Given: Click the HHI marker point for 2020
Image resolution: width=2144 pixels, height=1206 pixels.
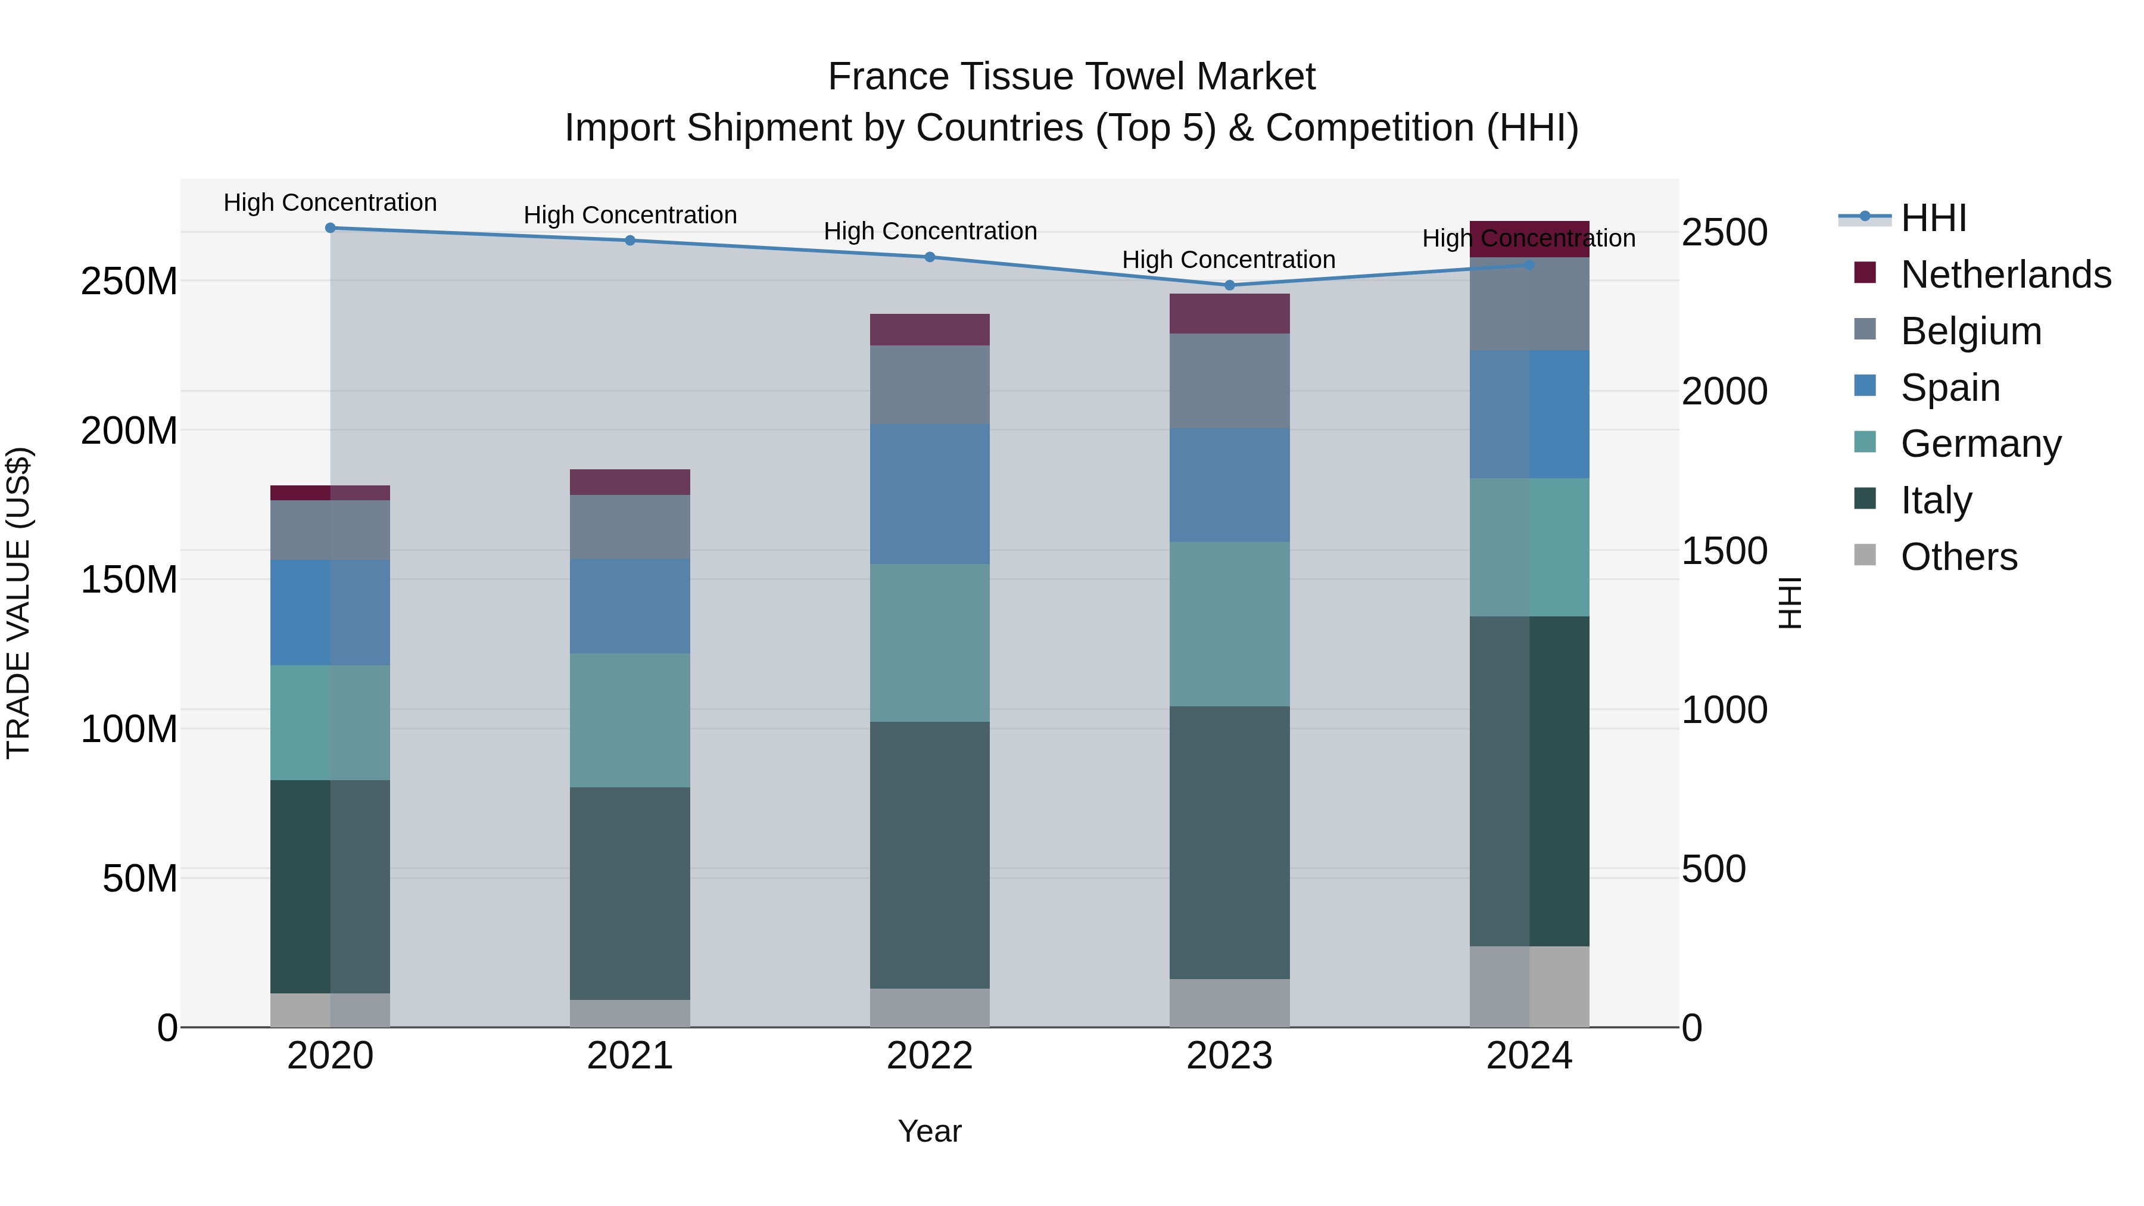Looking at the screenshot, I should (x=331, y=228).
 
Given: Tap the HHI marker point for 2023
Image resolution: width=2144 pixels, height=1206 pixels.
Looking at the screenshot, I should (x=1229, y=285).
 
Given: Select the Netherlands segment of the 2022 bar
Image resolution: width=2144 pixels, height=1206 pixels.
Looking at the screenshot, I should (x=930, y=329).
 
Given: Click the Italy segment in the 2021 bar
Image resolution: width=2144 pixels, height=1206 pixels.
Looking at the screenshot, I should (x=630, y=893).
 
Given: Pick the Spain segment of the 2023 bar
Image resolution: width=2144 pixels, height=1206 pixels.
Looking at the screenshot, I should (x=1229, y=485).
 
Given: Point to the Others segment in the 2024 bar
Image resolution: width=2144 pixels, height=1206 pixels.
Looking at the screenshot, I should (x=1529, y=986).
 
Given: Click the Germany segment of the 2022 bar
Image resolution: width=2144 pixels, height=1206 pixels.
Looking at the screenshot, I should (x=930, y=643).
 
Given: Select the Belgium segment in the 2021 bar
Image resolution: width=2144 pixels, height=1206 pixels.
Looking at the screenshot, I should (x=630, y=527).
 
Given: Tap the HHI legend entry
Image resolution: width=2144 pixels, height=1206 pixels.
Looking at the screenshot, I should (x=1933, y=218).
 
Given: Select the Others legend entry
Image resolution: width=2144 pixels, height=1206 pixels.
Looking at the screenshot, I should (x=1958, y=557).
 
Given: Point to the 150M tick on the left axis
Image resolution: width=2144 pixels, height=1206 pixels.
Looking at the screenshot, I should (x=129, y=579).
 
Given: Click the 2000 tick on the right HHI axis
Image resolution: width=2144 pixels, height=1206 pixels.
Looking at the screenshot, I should (x=1724, y=391).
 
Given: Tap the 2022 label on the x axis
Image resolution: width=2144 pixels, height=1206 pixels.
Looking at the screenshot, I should (x=930, y=1056).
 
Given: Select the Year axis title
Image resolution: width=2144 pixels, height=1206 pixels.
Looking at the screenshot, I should (x=930, y=1131).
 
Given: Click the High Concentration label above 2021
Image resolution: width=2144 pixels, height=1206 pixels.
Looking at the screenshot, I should (x=630, y=215).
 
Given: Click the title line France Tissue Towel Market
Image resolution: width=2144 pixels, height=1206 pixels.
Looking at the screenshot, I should (x=1071, y=77).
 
